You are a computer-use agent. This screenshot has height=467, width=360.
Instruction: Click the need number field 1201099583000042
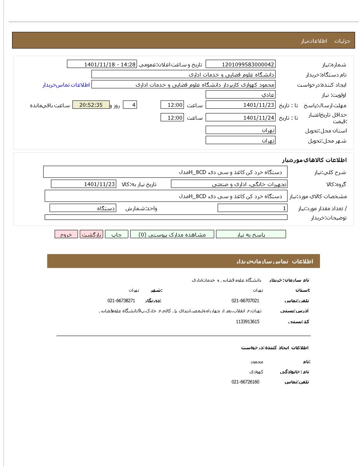pyautogui.click(x=240, y=64)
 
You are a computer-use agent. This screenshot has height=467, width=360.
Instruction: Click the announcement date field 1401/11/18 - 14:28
pyautogui.click(x=102, y=64)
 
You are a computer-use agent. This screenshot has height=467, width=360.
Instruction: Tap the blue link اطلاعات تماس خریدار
pyautogui.click(x=66, y=85)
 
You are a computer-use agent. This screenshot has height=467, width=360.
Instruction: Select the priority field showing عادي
pyautogui.click(x=240, y=94)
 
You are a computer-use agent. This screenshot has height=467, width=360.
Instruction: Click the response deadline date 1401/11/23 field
pyautogui.click(x=240, y=105)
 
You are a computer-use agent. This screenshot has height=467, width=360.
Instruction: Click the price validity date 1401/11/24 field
pyautogui.click(x=240, y=117)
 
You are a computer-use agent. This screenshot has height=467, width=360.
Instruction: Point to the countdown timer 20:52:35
pyautogui.click(x=91, y=105)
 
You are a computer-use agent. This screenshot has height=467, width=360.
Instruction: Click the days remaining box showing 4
pyautogui.click(x=130, y=105)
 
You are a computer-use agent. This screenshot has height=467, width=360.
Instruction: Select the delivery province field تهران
pyautogui.click(x=240, y=130)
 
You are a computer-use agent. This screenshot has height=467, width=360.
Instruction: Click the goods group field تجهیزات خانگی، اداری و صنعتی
pyautogui.click(x=229, y=184)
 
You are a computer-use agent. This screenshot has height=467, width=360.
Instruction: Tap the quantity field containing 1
pyautogui.click(x=253, y=208)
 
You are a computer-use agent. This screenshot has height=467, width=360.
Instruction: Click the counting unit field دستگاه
pyautogui.click(x=83, y=208)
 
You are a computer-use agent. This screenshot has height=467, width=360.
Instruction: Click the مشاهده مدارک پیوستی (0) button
pyautogui.click(x=172, y=234)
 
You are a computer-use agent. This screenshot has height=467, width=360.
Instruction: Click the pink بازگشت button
pyautogui.click(x=91, y=234)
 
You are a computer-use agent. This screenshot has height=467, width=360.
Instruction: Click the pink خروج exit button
pyautogui.click(x=66, y=234)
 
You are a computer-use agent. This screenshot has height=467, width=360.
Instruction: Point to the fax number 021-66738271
pyautogui.click(x=121, y=301)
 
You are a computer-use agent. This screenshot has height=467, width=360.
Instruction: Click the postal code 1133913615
pyautogui.click(x=248, y=322)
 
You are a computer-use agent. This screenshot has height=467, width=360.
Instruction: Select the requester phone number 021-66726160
pyautogui.click(x=245, y=382)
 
